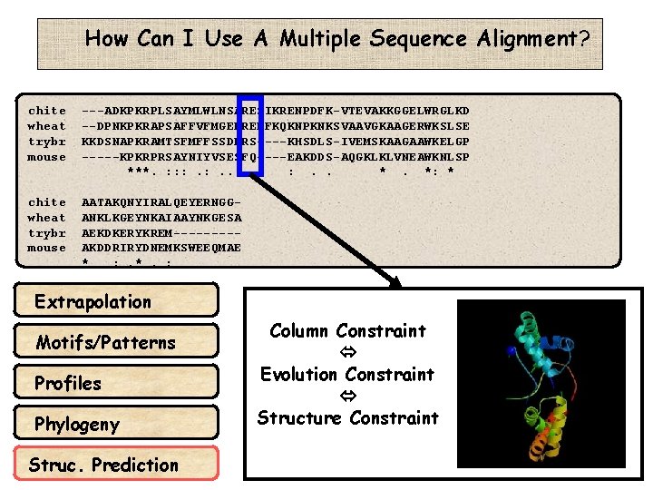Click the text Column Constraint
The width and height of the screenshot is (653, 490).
pos(347,331)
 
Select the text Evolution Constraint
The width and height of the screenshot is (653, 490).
pos(347,374)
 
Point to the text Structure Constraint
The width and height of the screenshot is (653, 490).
pos(347,417)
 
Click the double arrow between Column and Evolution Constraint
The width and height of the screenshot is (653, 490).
pos(347,352)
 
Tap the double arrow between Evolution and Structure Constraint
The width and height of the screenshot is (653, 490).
pos(347,396)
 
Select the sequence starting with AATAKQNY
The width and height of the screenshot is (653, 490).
pos(161,202)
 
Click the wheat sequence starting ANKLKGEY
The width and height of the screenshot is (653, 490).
pos(161,218)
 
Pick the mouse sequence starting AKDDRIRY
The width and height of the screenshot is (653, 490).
pos(161,248)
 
